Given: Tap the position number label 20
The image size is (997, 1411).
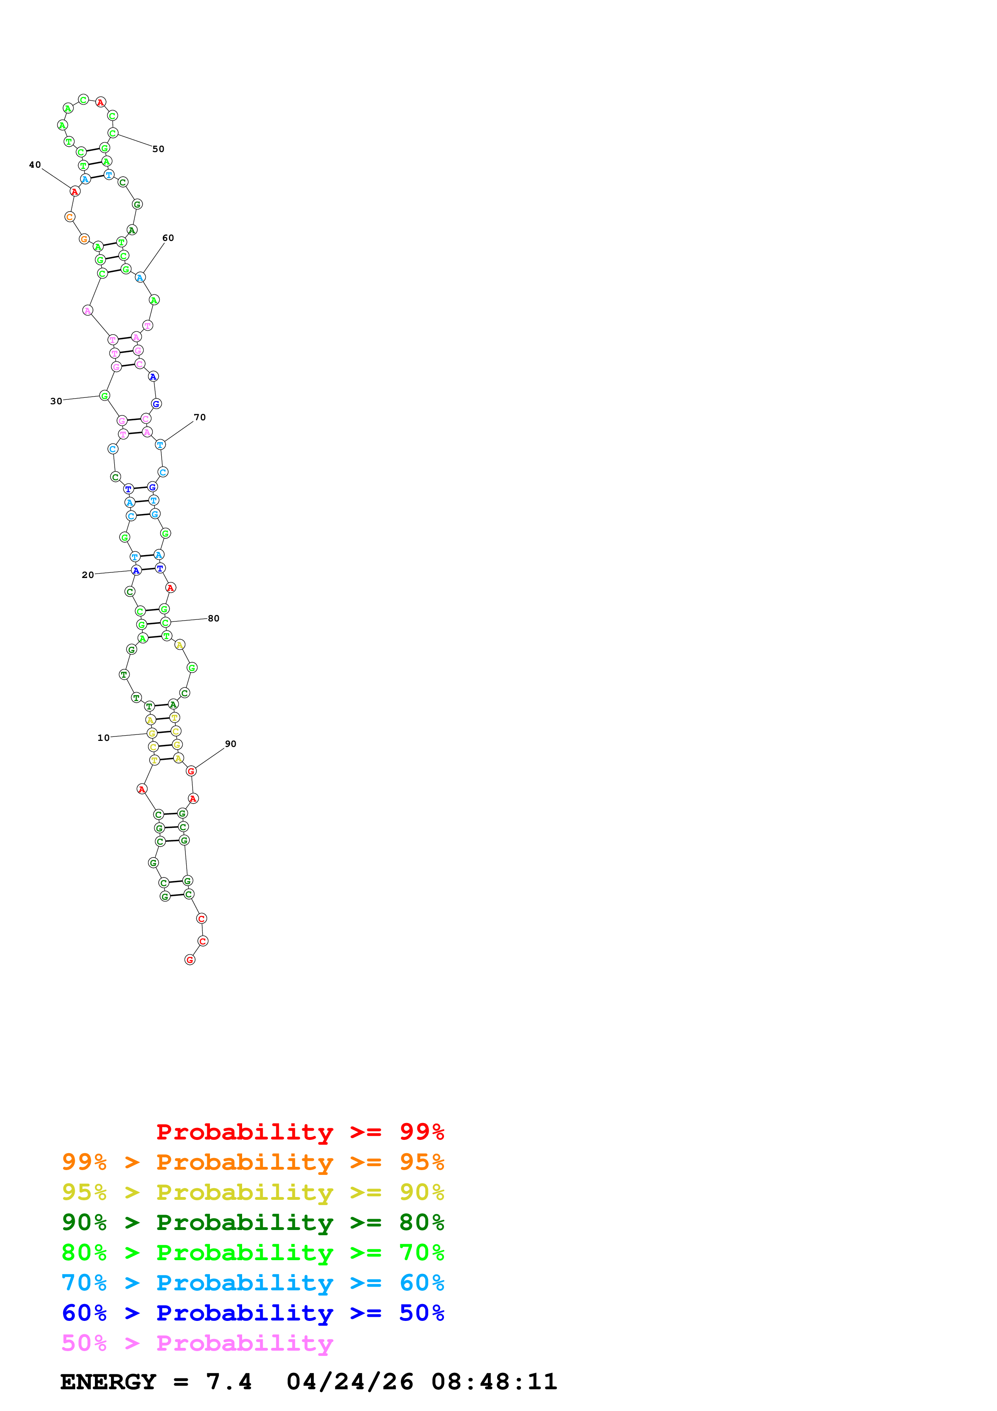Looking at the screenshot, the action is tap(88, 575).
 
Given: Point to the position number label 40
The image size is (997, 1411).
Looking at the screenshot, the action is tap(35, 165).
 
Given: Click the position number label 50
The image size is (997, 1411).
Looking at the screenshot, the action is tap(158, 149).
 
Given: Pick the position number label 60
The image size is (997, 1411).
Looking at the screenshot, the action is tap(168, 238).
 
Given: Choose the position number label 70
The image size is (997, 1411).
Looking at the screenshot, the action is tap(199, 417).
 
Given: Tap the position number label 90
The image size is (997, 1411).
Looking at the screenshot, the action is tap(230, 744).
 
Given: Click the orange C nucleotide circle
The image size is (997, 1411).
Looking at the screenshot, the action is tap(70, 216).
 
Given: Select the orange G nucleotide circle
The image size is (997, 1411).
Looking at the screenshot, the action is tap(84, 239).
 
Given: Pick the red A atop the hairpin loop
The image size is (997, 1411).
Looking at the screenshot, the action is tap(101, 102).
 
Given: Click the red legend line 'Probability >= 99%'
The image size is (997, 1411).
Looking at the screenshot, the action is tap(300, 1131).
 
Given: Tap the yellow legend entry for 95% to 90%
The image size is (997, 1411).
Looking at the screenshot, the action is tap(253, 1192).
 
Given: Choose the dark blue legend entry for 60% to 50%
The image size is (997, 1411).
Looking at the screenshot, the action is tap(253, 1313).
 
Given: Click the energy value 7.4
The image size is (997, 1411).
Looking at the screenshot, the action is tap(228, 1382).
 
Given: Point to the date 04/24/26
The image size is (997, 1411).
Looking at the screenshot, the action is tap(349, 1382).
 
